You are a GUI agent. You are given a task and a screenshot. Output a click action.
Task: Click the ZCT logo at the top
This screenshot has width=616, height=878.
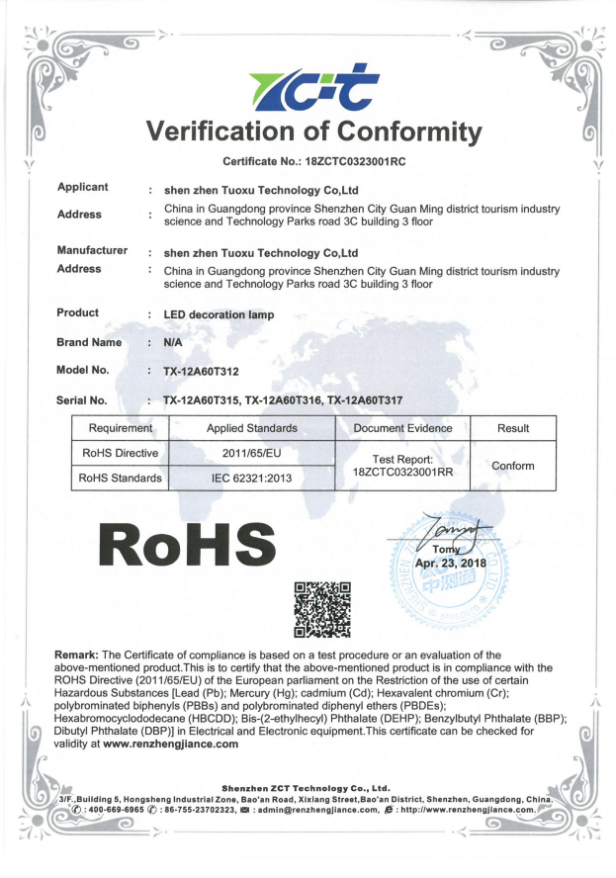pyautogui.click(x=308, y=87)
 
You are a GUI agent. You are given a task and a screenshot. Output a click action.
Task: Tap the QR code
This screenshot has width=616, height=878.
pyautogui.click(x=323, y=610)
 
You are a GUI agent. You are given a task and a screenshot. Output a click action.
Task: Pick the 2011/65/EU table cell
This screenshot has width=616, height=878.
pyautogui.click(x=251, y=454)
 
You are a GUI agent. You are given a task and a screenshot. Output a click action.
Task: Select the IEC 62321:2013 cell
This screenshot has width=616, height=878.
pyautogui.click(x=251, y=479)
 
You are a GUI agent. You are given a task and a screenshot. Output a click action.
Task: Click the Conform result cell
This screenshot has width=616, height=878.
pyautogui.click(x=512, y=466)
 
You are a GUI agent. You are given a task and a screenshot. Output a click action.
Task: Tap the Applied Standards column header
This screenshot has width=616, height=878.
pyautogui.click(x=251, y=428)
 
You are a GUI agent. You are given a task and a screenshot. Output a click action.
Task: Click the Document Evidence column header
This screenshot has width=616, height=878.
pyautogui.click(x=402, y=428)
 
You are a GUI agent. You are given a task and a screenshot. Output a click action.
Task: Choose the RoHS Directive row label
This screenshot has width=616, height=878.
pyautogui.click(x=119, y=454)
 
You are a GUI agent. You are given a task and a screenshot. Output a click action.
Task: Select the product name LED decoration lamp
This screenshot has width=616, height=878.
pyautogui.click(x=219, y=314)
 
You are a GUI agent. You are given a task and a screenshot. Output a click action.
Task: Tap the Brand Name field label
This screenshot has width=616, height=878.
pyautogui.click(x=90, y=342)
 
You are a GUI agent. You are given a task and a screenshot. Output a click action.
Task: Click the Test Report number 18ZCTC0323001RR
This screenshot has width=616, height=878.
pyautogui.click(x=402, y=473)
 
